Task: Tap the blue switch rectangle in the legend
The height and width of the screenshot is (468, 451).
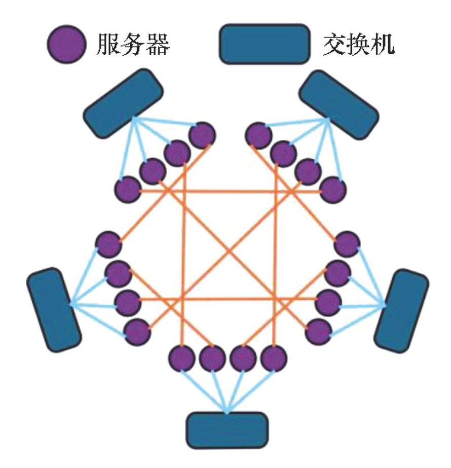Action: [265, 44]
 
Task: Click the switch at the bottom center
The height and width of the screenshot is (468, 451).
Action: [227, 430]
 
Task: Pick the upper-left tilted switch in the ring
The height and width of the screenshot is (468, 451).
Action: [123, 103]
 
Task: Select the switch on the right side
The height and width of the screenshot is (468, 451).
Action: [401, 311]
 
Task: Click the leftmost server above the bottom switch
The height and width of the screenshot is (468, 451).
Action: [182, 358]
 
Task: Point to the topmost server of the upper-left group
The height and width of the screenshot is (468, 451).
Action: [202, 135]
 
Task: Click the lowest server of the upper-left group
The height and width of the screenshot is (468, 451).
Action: [128, 190]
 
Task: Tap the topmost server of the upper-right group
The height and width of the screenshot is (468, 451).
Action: [259, 135]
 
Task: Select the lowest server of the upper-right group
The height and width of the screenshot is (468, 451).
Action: [333, 190]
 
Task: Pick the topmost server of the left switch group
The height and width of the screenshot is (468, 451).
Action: [108, 244]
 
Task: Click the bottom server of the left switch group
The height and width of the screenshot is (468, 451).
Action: [137, 332]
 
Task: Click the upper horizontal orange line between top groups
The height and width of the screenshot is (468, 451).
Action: [231, 192]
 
